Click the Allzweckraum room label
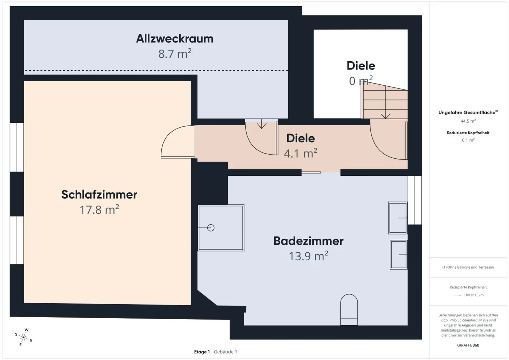(x=175, y=39)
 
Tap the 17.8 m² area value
(x=99, y=210)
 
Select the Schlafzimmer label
(x=99, y=195)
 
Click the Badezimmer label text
(x=308, y=241)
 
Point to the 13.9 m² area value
(x=308, y=256)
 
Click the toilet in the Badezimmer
(x=349, y=309)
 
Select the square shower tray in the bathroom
(x=221, y=228)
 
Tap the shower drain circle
(x=211, y=228)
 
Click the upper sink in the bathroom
(x=398, y=218)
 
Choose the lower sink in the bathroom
(x=399, y=255)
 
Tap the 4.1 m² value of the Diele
(x=300, y=153)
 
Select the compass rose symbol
(x=24, y=337)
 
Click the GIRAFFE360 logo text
(x=468, y=345)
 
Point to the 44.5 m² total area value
(x=468, y=121)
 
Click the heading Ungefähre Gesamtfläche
(x=467, y=113)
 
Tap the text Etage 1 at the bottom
(x=202, y=352)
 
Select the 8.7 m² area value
(x=175, y=54)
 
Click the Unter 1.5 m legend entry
(x=474, y=295)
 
